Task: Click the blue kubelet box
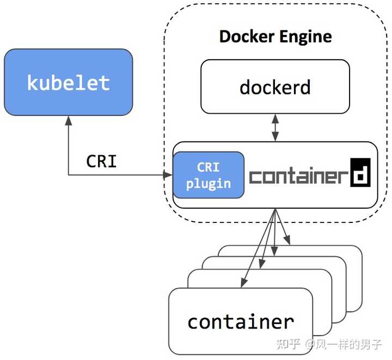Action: point(68,82)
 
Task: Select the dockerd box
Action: point(275,86)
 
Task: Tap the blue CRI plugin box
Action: point(208,175)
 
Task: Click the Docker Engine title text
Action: point(275,37)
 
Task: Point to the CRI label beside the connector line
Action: point(101,162)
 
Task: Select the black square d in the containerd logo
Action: point(360,172)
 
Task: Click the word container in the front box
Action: point(241,321)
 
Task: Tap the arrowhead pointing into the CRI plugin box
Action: point(168,175)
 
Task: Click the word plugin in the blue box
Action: point(208,183)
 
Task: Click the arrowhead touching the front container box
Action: point(241,283)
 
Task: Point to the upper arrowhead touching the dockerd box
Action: point(275,117)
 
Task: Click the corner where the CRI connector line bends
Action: point(69,175)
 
